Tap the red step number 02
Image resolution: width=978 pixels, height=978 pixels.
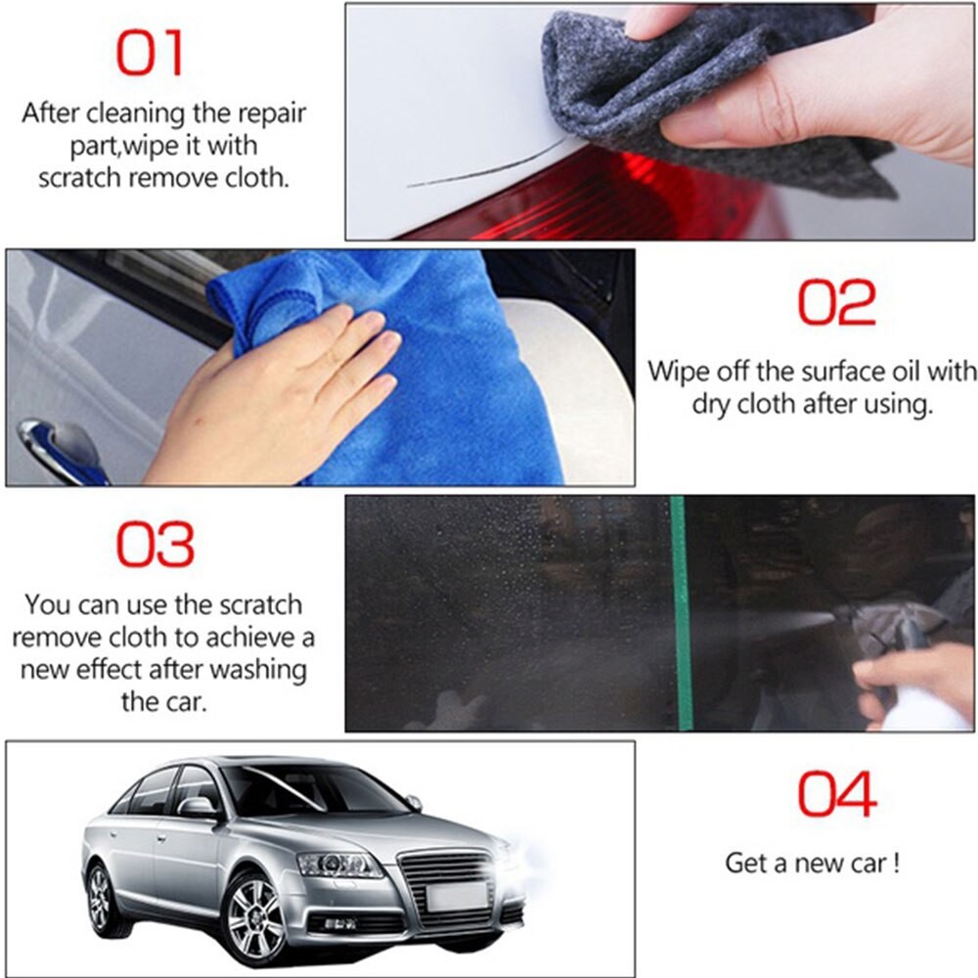coord(836,302)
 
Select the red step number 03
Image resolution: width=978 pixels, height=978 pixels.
coord(156,544)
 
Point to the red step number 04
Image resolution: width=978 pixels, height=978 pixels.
coord(836,793)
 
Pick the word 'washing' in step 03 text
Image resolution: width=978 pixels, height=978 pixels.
coord(257,670)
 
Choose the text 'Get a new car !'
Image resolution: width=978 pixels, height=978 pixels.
coord(812,864)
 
